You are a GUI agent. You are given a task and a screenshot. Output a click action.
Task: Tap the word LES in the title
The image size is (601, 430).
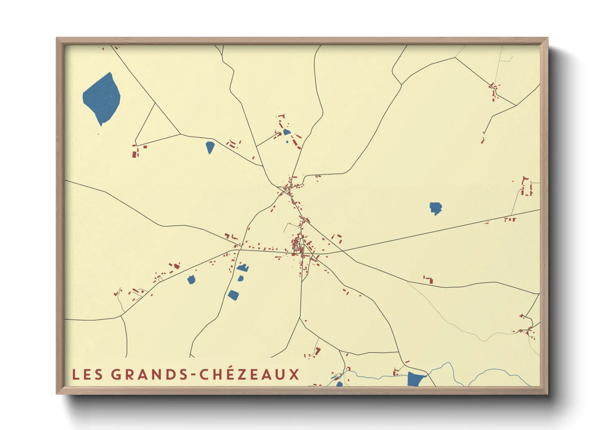pyautogui.click(x=87, y=374)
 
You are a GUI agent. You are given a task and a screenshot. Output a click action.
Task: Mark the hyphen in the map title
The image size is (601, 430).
pyautogui.click(x=193, y=375)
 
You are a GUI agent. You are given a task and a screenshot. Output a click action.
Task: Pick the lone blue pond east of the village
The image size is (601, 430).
pyautogui.click(x=435, y=208)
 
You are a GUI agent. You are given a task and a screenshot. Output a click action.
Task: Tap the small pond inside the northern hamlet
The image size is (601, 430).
pyautogui.click(x=287, y=132)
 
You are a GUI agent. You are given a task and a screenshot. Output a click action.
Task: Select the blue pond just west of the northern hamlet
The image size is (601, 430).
pyautogui.click(x=210, y=147)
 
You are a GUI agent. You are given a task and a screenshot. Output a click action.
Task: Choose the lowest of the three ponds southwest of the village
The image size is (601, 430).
pyautogui.click(x=233, y=295)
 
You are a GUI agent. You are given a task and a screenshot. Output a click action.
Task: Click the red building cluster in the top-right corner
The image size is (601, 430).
pyautogui.click(x=494, y=92)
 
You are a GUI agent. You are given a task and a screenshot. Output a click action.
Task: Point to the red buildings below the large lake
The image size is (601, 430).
pyautogui.click(x=135, y=152)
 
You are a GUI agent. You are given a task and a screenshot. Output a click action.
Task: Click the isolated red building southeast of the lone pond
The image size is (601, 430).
pyautogui.click(x=429, y=280)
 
